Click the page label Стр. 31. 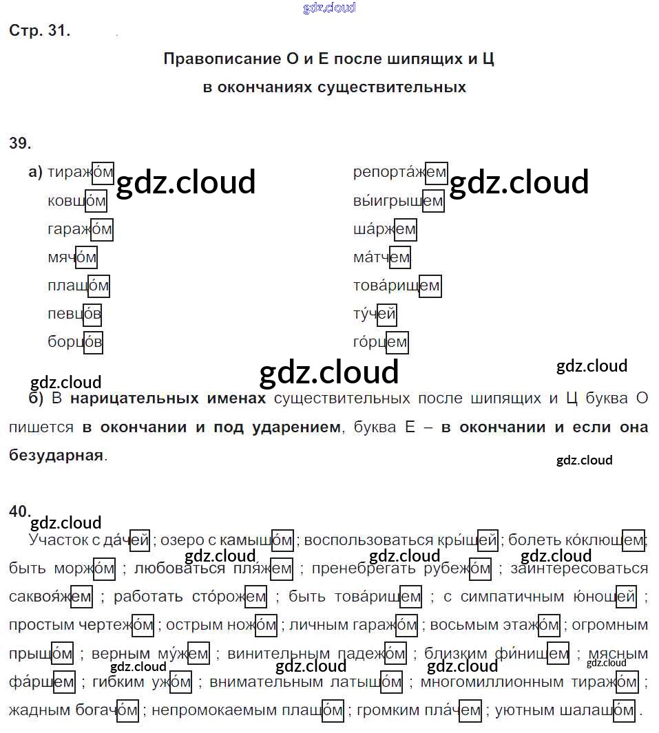click(x=40, y=30)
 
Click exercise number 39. click(x=20, y=143)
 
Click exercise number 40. click(x=20, y=511)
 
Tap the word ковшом click(x=77, y=201)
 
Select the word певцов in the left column click(x=74, y=314)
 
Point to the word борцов click(x=75, y=342)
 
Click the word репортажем click(x=400, y=173)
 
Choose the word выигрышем click(x=399, y=201)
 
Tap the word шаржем click(x=384, y=229)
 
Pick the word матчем click(x=381, y=257)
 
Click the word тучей click(x=375, y=314)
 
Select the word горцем click(x=380, y=342)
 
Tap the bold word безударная click(x=56, y=455)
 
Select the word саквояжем click(x=50, y=597)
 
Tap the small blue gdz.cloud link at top click(x=329, y=8)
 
